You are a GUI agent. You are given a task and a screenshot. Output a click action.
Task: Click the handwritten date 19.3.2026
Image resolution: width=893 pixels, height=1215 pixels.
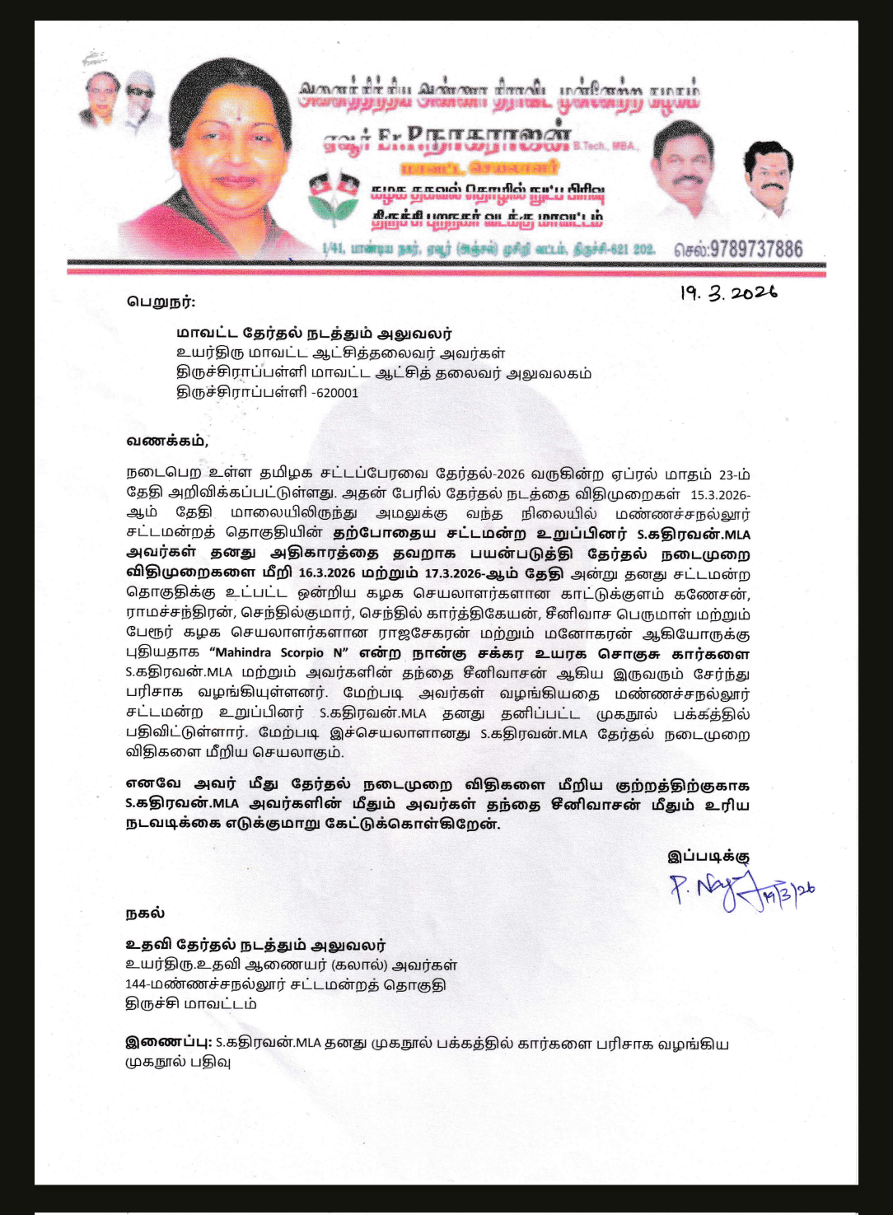[727, 293]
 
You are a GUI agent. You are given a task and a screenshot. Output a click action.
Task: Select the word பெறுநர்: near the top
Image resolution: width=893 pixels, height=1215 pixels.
[161, 301]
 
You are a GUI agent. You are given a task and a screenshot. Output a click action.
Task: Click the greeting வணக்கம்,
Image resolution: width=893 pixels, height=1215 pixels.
[167, 442]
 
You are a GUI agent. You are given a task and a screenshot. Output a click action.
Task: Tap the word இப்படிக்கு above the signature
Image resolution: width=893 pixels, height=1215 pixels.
[708, 856]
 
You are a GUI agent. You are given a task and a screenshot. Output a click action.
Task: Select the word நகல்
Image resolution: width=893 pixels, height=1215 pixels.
[145, 913]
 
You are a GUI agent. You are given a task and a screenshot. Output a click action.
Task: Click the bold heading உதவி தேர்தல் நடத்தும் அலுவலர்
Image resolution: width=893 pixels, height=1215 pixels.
[255, 945]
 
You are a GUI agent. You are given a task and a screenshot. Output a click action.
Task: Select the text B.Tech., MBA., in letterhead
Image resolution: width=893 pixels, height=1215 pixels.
[605, 146]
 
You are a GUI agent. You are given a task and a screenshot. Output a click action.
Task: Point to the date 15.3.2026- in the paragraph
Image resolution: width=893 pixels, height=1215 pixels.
[719, 495]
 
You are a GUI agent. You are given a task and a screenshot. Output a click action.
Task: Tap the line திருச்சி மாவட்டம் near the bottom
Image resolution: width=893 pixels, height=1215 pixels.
[190, 1004]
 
